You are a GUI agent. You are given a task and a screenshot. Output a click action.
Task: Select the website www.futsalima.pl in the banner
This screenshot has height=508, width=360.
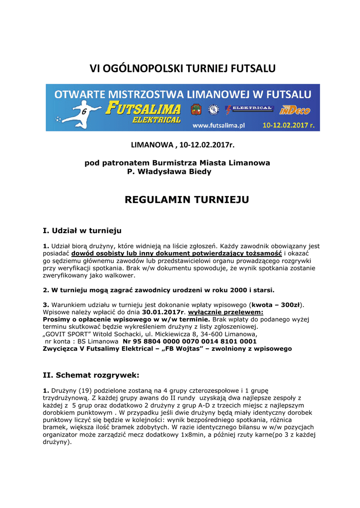[x=219, y=126]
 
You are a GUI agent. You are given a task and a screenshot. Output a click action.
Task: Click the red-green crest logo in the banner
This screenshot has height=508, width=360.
[x=196, y=110]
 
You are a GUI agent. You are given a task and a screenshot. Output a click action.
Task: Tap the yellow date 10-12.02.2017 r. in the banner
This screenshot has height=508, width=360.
[x=288, y=126]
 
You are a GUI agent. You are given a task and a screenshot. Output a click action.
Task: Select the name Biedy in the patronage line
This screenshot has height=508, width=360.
[x=200, y=172]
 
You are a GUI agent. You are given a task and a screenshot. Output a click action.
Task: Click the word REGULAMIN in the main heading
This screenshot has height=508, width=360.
[x=153, y=200]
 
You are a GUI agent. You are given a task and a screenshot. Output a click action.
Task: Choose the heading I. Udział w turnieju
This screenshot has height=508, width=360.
[x=82, y=231]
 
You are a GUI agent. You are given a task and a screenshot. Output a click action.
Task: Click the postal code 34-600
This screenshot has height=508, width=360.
[x=202, y=334]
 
